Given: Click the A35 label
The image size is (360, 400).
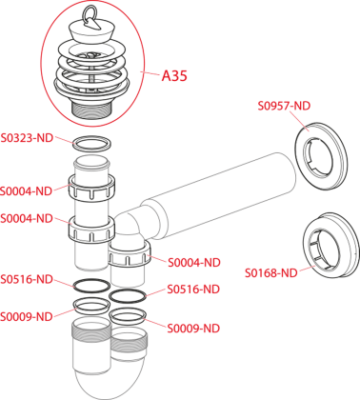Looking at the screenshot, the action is [174, 76].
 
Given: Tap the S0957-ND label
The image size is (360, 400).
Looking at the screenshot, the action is [284, 106].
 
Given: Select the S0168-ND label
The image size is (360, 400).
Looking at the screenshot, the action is [271, 272].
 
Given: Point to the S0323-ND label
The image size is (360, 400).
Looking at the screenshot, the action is [27, 138].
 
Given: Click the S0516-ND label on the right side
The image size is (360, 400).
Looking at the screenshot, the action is [193, 290].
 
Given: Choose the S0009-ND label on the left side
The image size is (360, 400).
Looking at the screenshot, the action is [27, 316].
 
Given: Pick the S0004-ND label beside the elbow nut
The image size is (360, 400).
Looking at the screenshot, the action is [194, 263].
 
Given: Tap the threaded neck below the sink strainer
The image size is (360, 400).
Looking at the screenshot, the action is [91, 110].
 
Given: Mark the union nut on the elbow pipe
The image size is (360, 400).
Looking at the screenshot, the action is [130, 254].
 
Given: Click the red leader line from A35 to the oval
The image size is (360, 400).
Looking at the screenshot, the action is [150, 73].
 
